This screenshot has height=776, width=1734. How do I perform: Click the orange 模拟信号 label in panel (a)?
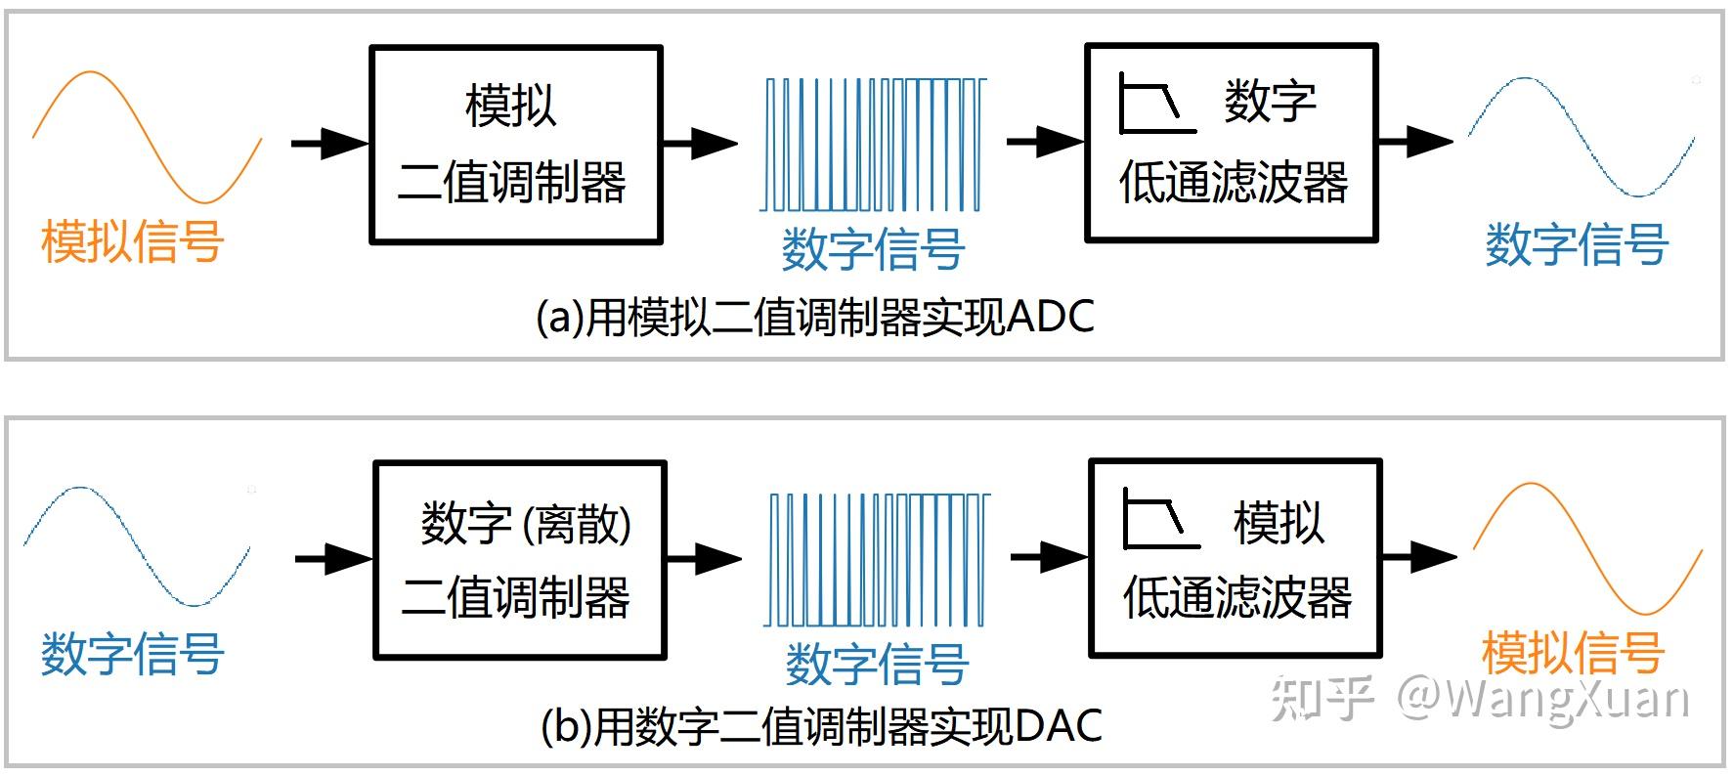pos(133,241)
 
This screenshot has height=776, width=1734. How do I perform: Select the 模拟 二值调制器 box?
pos(516,145)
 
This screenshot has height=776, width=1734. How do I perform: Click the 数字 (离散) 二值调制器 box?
pos(520,560)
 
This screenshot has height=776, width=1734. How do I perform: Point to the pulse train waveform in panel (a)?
pos(873,145)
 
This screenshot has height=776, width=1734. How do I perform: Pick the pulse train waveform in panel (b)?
pos(877,560)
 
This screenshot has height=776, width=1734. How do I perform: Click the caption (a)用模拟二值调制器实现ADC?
pos(815,318)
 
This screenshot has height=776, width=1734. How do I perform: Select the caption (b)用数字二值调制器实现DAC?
pos(821,726)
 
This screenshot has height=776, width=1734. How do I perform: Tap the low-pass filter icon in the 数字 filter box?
pos(1156,104)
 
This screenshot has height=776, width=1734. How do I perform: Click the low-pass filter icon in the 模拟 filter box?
pos(1160,519)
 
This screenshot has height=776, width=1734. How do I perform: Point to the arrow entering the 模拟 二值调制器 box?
pos(330,144)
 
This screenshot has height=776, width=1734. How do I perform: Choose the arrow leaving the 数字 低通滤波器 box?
pos(1415,142)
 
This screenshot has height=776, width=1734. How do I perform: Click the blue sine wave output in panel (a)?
pos(1582,137)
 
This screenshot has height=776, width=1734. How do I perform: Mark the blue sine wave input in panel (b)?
pos(137,547)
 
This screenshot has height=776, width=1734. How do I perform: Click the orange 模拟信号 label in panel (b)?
pos(1573,653)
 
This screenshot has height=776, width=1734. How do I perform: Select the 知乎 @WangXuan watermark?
pos(1479,699)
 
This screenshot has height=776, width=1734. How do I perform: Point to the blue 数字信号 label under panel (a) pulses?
pos(873,248)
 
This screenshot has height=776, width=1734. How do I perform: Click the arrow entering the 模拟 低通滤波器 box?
pos(1049,558)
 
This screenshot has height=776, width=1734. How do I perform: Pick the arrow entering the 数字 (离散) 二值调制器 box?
pos(333,559)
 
